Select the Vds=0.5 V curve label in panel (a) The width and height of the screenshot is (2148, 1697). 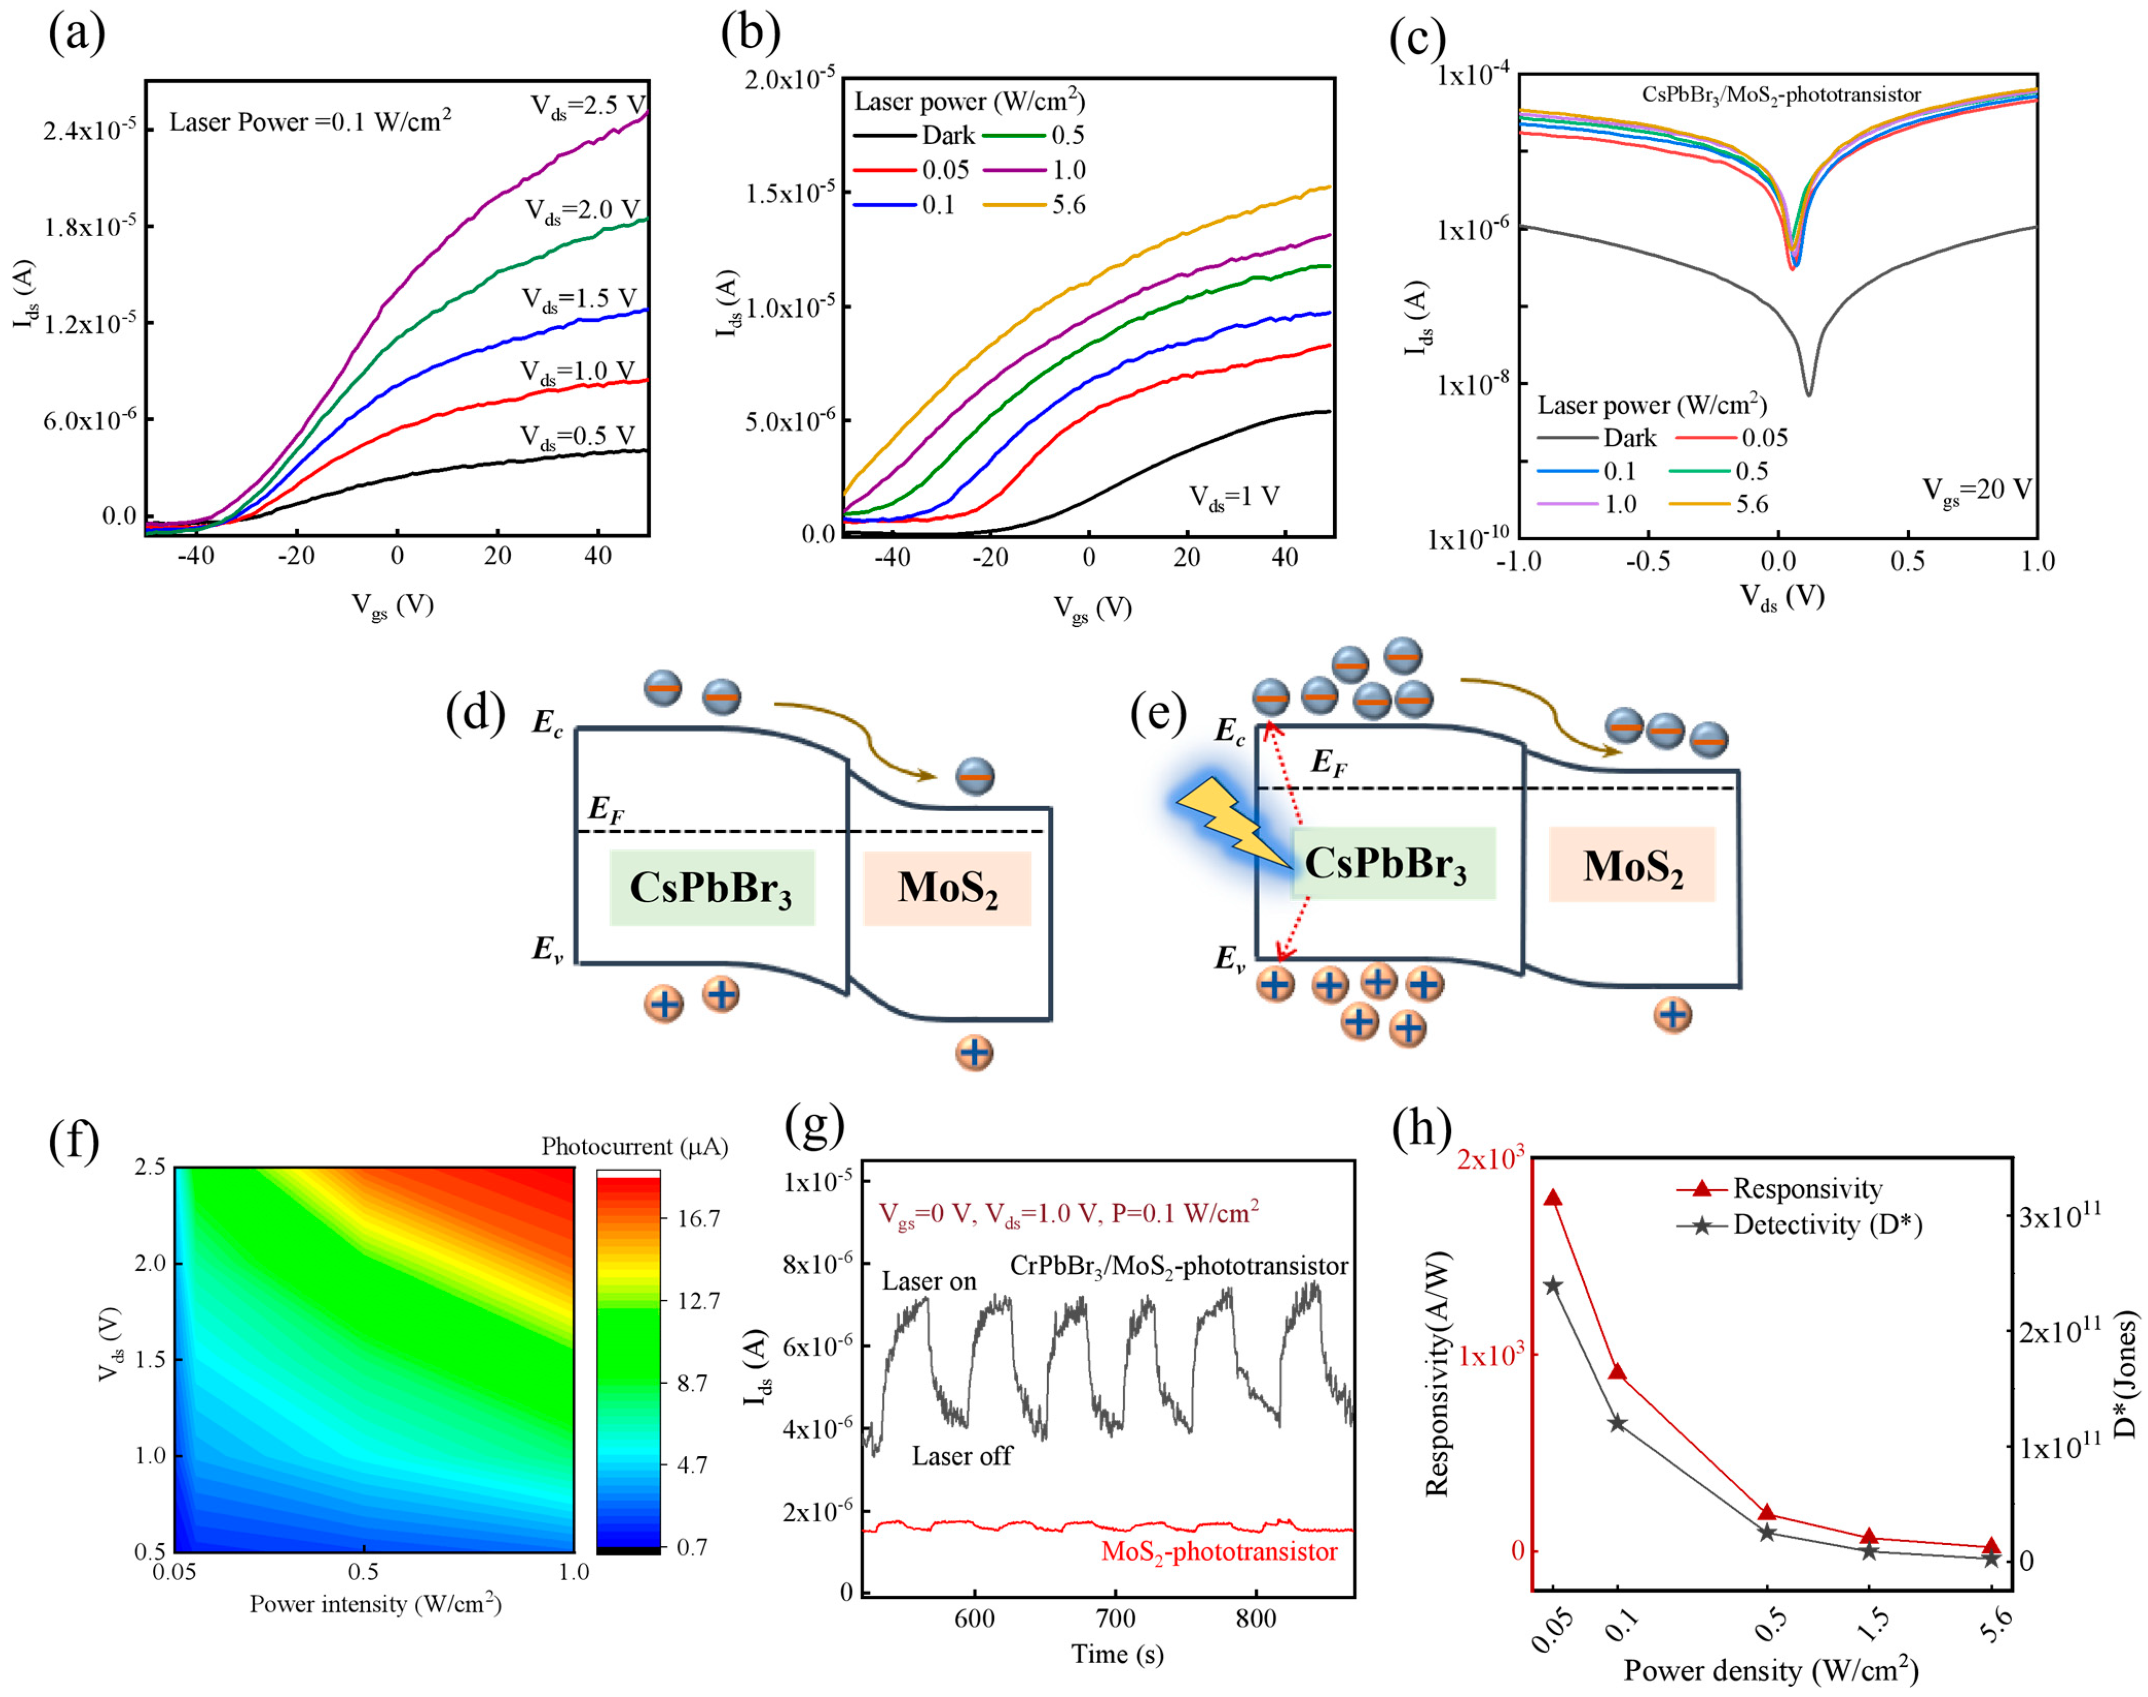[576, 437]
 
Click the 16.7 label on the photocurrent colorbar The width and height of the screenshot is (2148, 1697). [699, 1219]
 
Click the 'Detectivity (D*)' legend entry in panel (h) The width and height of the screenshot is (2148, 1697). [1826, 1225]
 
